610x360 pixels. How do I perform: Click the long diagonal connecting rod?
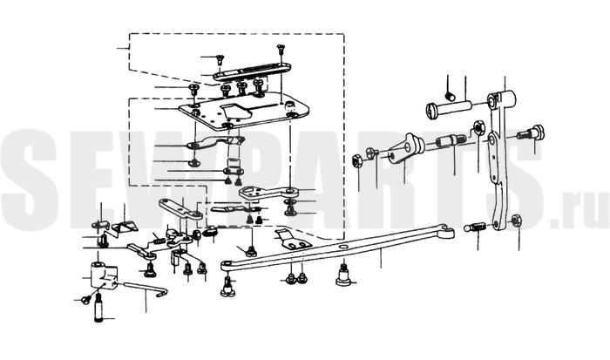340,249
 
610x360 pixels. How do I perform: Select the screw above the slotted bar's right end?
281,50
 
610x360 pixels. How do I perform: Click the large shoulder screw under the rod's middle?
341,275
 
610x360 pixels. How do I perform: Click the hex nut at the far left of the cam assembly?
357,160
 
